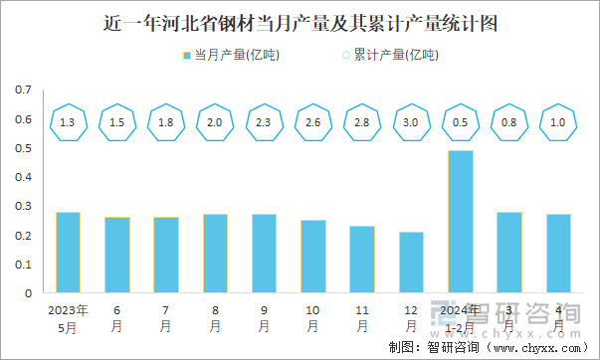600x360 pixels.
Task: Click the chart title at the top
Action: (x=300, y=21)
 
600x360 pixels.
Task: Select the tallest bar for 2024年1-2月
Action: (x=460, y=222)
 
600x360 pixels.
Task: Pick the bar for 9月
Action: (x=264, y=254)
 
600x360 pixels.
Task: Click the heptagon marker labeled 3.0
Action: (x=411, y=122)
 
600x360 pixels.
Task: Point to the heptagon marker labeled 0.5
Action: (x=460, y=122)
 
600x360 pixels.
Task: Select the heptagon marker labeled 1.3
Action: (x=68, y=122)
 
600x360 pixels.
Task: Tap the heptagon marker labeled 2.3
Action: (x=264, y=122)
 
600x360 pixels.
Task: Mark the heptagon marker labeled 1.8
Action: (x=165, y=122)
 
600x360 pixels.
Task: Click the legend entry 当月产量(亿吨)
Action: (x=231, y=56)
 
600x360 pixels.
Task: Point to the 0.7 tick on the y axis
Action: (x=23, y=90)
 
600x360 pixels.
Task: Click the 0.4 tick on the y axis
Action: (x=23, y=178)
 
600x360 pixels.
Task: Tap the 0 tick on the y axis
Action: (x=28, y=294)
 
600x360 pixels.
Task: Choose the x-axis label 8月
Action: (x=215, y=317)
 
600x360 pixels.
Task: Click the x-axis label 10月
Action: (x=312, y=317)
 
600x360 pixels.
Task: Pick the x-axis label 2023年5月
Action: (x=68, y=317)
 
